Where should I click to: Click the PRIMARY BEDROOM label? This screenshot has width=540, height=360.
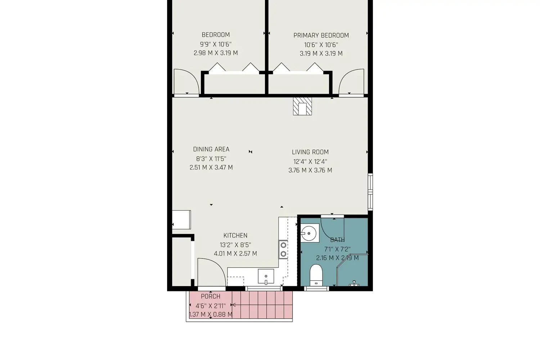321,35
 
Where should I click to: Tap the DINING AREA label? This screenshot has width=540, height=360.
211,149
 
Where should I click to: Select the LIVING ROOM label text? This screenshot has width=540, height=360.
310,152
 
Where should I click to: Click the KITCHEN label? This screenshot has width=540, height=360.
235,235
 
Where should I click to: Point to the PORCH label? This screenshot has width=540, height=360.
211,296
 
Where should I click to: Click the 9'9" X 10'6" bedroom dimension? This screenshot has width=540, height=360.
216,44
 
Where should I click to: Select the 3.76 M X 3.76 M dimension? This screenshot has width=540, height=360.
310,171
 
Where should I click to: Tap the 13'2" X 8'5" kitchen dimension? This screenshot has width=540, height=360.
235,245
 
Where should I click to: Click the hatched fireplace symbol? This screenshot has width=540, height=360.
302,106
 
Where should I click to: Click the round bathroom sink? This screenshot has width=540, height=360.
309,233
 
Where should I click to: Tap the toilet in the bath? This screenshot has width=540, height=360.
316,275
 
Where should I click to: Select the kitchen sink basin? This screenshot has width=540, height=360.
266,276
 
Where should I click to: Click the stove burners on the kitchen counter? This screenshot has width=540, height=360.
284,249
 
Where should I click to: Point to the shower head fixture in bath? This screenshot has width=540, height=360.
354,284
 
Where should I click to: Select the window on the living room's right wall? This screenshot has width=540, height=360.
370,192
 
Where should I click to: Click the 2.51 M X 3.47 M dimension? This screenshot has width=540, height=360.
211,168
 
